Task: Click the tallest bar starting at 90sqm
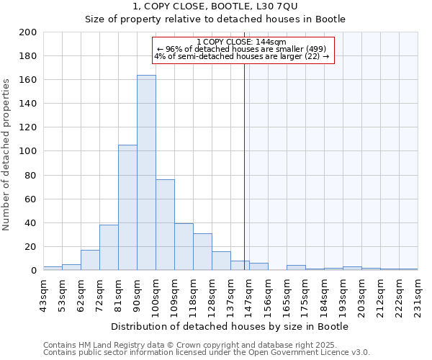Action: (x=146, y=173)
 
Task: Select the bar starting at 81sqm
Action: (x=127, y=207)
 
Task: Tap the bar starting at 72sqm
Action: (x=109, y=247)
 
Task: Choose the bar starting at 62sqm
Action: (x=90, y=260)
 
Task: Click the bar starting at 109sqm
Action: (x=184, y=247)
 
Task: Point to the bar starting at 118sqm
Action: (x=202, y=252)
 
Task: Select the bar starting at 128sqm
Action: (x=221, y=261)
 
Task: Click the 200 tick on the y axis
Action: (x=29, y=32)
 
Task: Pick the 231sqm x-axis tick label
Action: (x=418, y=295)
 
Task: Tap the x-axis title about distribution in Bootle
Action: (x=230, y=327)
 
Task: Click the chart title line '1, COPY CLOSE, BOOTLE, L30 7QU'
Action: (x=215, y=6)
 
